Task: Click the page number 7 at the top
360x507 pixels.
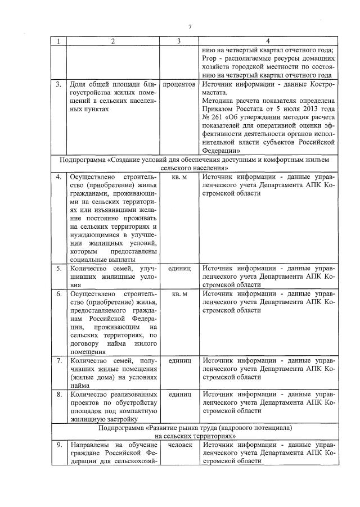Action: coord(190,27)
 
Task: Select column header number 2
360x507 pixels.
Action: coord(113,41)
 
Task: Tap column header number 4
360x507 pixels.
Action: coord(267,41)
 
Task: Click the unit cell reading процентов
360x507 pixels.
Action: coord(179,84)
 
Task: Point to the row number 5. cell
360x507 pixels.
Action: coord(58,269)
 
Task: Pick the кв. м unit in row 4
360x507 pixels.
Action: coord(179,176)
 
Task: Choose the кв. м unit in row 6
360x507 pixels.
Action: coord(179,294)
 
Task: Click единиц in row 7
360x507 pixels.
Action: coord(179,360)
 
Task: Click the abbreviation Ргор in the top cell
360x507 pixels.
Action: coord(209,59)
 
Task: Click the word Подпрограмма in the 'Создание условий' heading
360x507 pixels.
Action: coord(81,160)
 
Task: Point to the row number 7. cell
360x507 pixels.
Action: coord(58,360)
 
